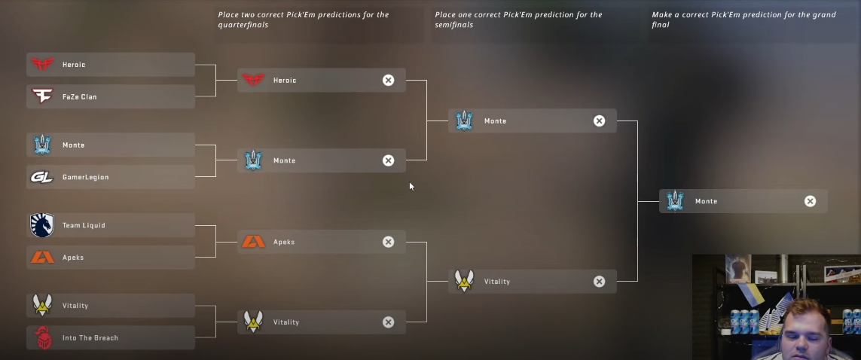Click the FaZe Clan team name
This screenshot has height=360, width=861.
(79, 97)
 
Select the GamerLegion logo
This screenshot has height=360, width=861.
(42, 177)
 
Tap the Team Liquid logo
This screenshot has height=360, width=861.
(42, 225)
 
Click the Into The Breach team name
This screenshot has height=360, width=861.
(90, 338)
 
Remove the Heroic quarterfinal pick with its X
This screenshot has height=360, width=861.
(388, 81)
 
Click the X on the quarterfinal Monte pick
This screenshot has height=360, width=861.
(388, 160)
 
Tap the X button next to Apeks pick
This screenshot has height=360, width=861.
(388, 242)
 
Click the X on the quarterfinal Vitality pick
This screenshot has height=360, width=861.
(388, 322)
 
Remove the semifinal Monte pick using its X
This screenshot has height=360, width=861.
(599, 121)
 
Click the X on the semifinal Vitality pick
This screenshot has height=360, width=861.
(599, 282)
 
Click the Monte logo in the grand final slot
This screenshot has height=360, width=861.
(675, 201)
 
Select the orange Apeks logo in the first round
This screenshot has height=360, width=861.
(42, 258)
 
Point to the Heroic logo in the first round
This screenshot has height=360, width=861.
(42, 65)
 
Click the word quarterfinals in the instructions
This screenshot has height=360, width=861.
(243, 25)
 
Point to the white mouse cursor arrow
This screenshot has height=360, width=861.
(411, 186)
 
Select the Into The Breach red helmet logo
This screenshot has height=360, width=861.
(43, 337)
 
